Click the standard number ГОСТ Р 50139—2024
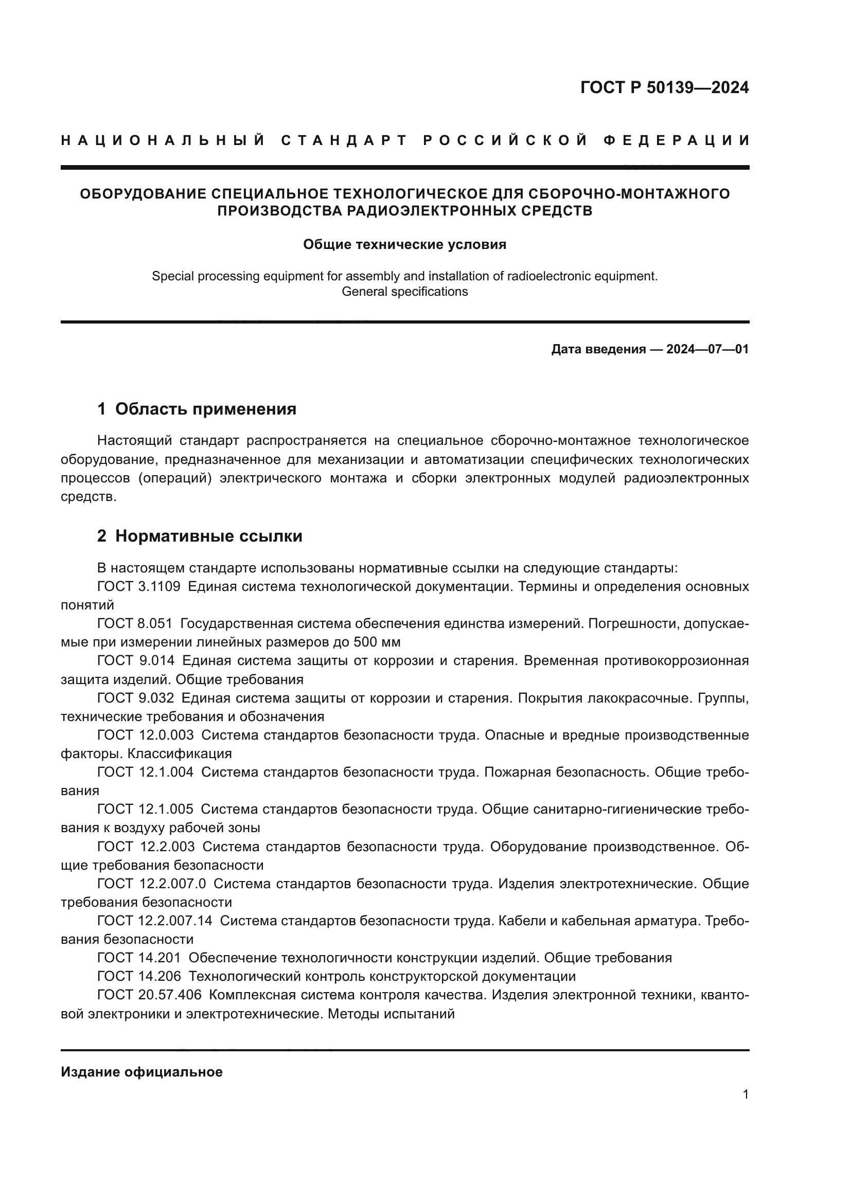pyautogui.click(x=664, y=87)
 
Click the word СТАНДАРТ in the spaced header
pyautogui.click(x=344, y=140)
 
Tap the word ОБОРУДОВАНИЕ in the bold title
pyautogui.click(x=143, y=194)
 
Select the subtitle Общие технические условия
pyautogui.click(x=404, y=245)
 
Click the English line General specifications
pyautogui.click(x=404, y=292)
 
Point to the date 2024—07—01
pyautogui.click(x=707, y=349)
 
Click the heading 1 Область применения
pyautogui.click(x=197, y=409)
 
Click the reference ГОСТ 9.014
pyautogui.click(x=136, y=661)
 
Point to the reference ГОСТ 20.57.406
pyautogui.click(x=149, y=995)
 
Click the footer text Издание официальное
pyautogui.click(x=141, y=1072)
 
